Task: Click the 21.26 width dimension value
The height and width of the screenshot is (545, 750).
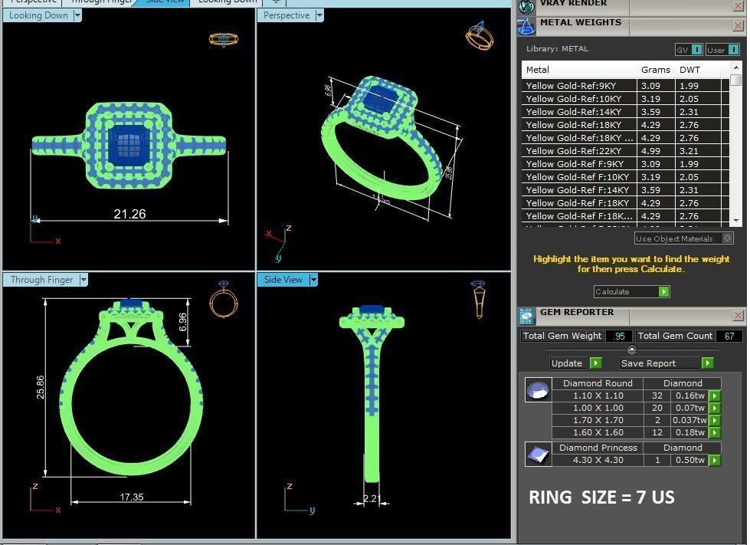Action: pos(129,214)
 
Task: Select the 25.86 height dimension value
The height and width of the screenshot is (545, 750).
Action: pos(41,386)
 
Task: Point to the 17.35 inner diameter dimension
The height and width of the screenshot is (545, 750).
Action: pos(131,497)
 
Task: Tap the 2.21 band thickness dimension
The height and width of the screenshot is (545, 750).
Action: pos(372,499)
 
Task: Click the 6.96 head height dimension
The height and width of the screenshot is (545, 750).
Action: pos(182,322)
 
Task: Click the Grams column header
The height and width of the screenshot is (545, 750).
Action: pos(655,70)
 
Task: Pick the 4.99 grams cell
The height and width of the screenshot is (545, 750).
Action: pos(651,151)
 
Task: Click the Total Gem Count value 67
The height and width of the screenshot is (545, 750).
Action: pos(729,336)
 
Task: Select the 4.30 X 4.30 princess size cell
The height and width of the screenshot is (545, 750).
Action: pos(598,460)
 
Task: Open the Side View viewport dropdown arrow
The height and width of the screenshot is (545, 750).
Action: pos(313,280)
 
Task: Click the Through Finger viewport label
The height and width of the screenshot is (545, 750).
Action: pos(42,280)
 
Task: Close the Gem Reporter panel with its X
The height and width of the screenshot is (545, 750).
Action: pos(738,315)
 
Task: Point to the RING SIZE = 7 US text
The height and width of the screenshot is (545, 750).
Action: pos(601,497)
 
